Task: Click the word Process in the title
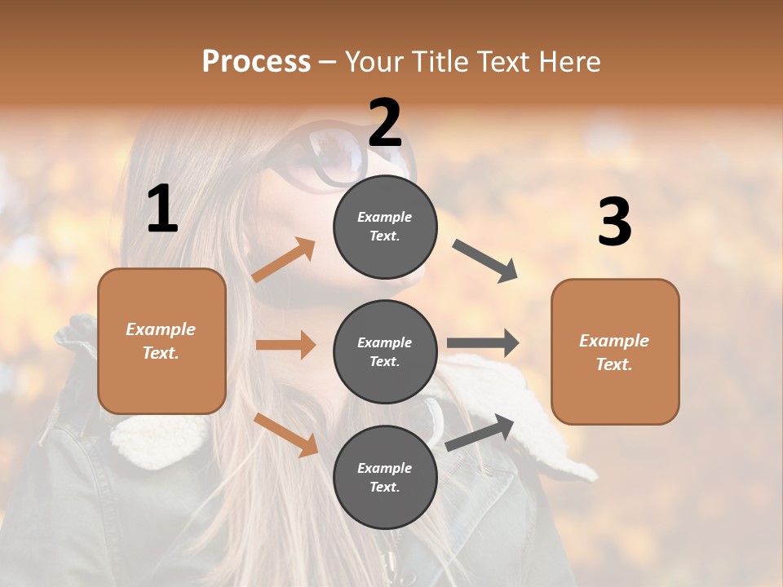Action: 256,61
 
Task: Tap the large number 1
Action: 162,210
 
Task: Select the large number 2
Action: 385,123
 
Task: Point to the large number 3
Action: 615,223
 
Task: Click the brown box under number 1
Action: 161,341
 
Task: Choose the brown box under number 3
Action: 615,351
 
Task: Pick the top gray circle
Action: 385,227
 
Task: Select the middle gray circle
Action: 385,351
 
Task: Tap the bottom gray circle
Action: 385,477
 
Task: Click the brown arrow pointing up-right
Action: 284,260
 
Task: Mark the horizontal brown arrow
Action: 285,345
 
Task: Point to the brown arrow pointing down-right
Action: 285,435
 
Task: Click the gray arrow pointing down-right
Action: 485,261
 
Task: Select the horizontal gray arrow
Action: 483,343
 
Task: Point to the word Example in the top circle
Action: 385,217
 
